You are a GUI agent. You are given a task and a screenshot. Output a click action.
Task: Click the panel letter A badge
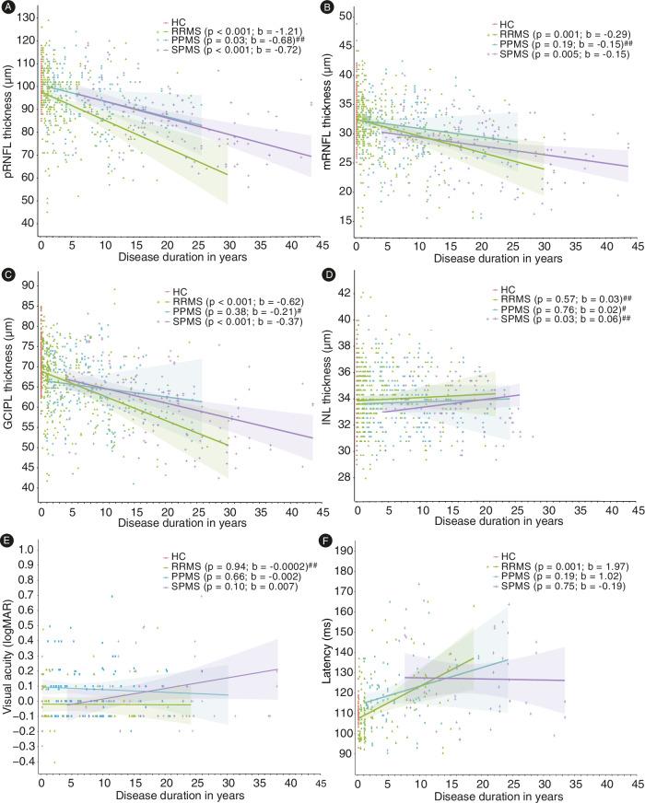coord(8,8)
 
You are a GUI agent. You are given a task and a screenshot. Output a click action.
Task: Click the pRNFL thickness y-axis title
coord(9,124)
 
